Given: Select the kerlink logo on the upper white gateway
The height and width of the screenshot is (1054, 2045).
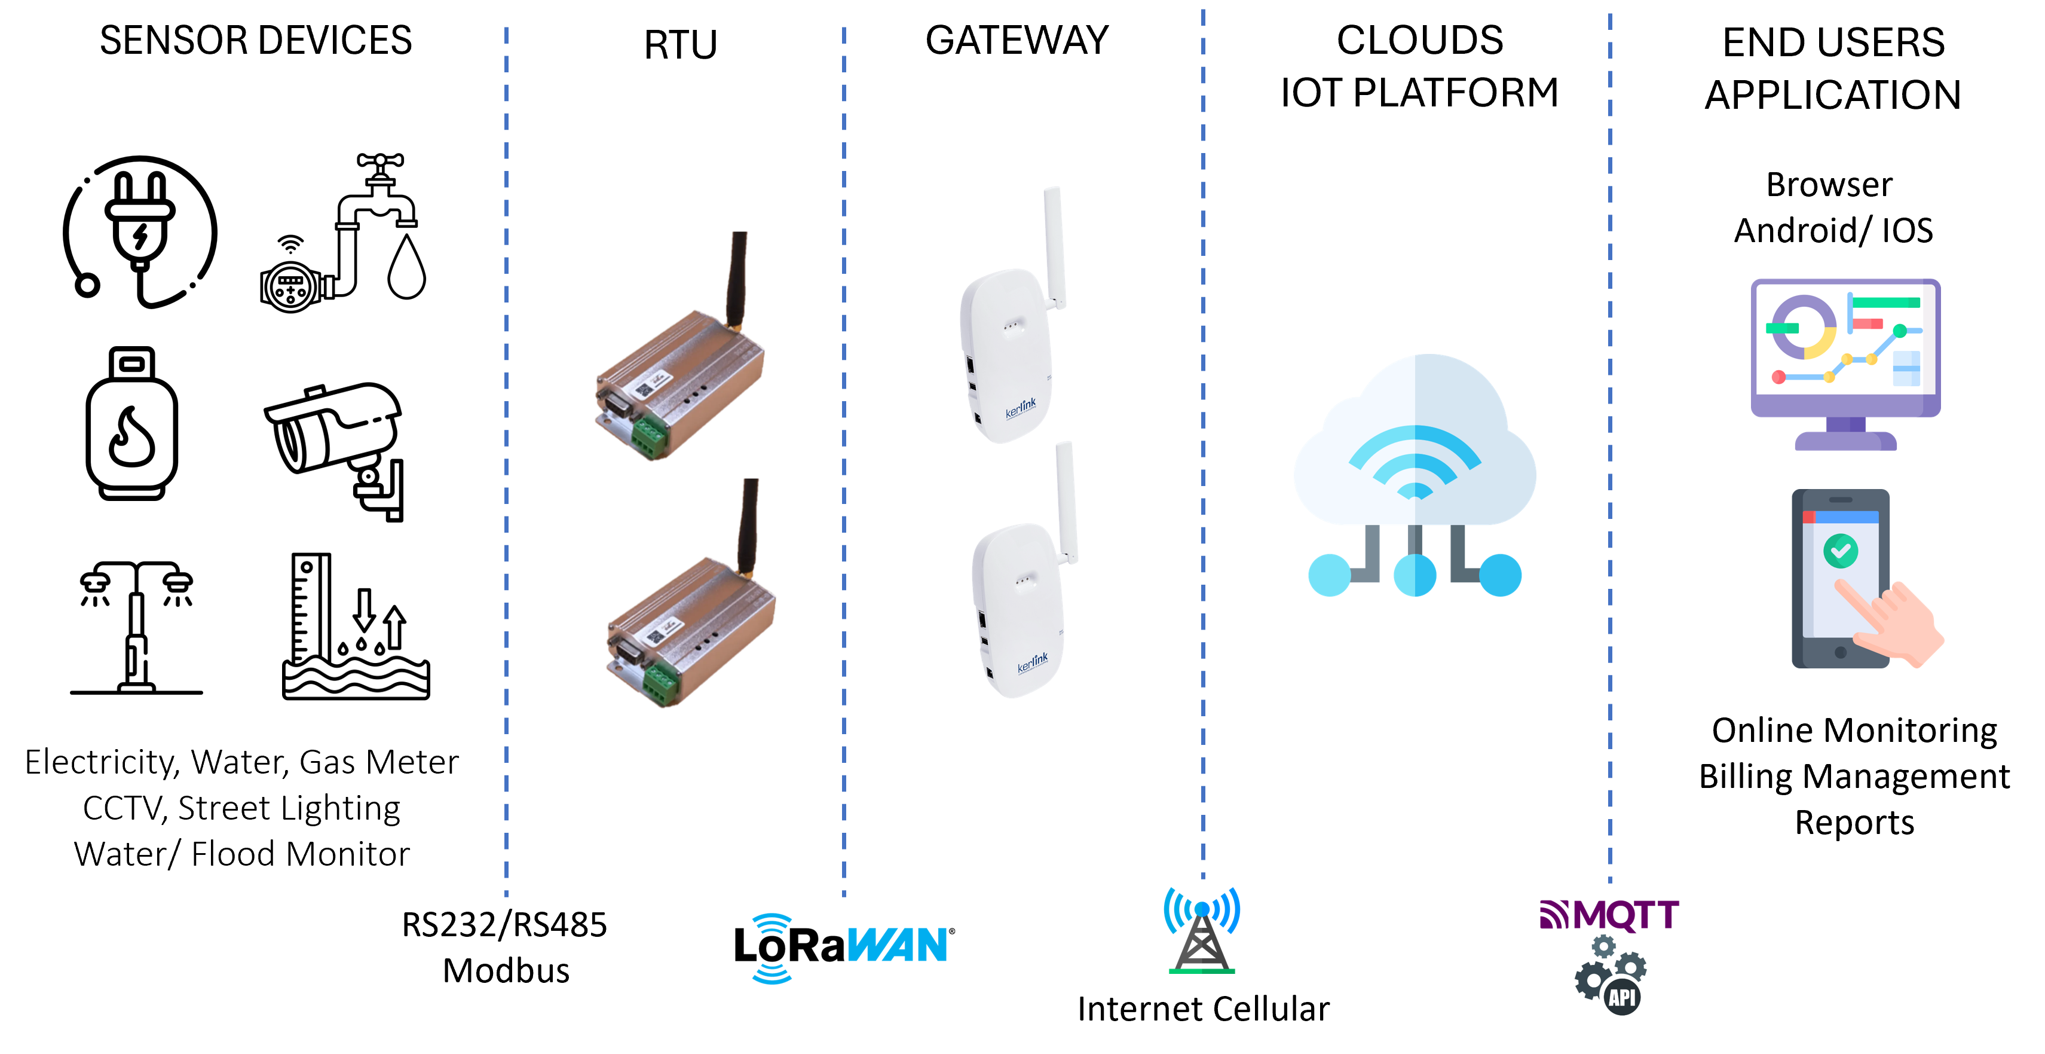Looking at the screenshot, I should [1020, 408].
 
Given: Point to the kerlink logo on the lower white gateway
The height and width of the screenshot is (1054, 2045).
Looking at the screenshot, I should [1032, 662].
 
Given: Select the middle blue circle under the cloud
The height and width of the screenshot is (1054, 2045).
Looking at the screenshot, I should [1415, 575].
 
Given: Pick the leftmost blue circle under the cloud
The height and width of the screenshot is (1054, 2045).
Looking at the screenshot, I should [1329, 575].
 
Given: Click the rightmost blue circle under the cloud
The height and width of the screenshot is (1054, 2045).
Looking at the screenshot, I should [1501, 575].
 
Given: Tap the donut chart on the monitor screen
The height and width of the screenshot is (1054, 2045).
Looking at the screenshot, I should [1804, 327].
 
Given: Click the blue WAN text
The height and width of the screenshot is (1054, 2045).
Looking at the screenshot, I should [897, 945].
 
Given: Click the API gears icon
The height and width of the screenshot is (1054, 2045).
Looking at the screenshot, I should [1612, 975].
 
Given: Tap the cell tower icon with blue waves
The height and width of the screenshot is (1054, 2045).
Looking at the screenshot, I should [1202, 931].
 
